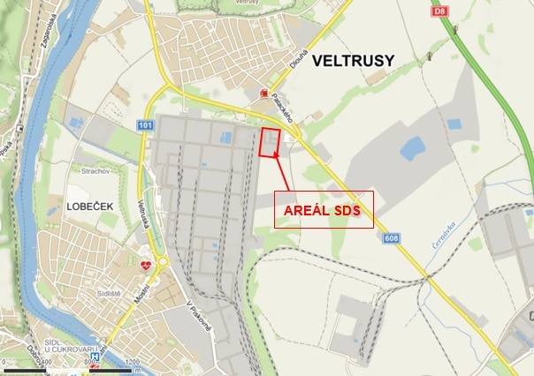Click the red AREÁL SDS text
(323, 212)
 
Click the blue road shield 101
(145, 125)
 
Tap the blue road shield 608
(391, 238)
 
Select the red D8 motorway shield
(439, 11)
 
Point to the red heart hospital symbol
(146, 264)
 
